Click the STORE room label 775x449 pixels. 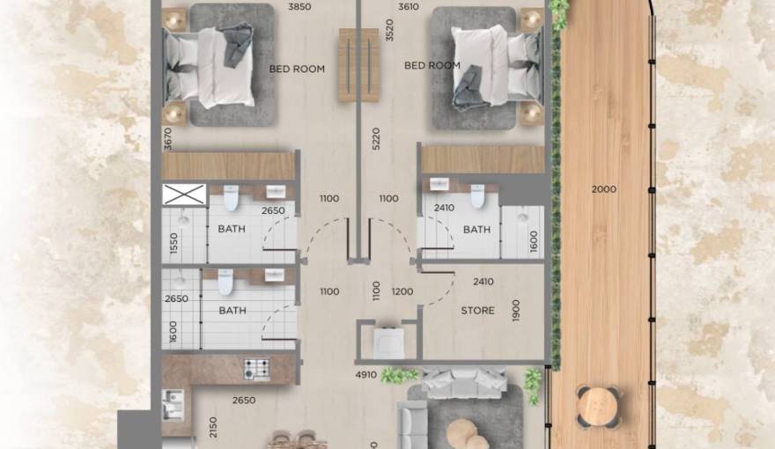point(478,311)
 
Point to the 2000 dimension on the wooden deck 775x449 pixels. point(604,189)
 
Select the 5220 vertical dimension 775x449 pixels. point(376,141)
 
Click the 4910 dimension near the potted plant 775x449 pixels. point(366,375)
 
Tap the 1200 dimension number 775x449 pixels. point(402,291)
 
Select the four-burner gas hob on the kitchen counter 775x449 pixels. point(256,367)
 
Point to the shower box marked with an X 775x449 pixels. point(185,195)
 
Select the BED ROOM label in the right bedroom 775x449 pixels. point(432,65)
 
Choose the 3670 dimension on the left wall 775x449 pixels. point(167,138)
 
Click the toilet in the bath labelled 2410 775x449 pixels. point(477,197)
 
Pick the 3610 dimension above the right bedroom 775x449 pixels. point(408,7)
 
